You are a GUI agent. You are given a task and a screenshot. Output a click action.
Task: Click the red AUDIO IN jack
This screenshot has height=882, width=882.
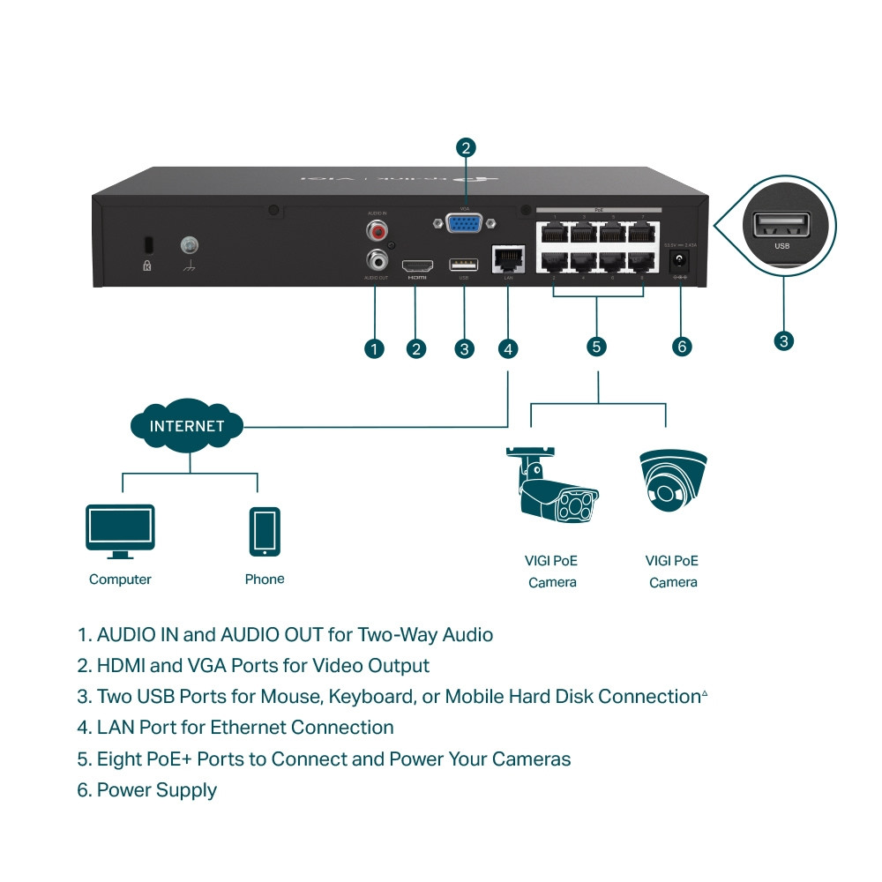[x=378, y=232]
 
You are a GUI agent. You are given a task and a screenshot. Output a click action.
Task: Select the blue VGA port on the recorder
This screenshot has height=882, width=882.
[x=465, y=224]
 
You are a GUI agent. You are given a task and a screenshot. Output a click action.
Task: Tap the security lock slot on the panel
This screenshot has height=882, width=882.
[x=147, y=243]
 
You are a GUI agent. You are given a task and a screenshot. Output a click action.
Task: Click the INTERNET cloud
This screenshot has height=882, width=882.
[x=187, y=427]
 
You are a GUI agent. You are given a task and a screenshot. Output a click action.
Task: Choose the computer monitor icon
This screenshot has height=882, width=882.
[x=120, y=531]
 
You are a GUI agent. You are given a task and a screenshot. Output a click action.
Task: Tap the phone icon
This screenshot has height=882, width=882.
[x=265, y=531]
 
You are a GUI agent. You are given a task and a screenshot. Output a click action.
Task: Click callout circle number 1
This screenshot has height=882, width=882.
[x=375, y=348]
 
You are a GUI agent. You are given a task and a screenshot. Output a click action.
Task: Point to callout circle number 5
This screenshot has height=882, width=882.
[x=597, y=347]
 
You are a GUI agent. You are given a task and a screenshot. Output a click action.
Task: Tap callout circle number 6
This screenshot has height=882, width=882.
[x=682, y=347]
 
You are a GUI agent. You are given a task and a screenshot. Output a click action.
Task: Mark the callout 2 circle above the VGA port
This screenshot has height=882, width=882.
[x=466, y=147]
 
